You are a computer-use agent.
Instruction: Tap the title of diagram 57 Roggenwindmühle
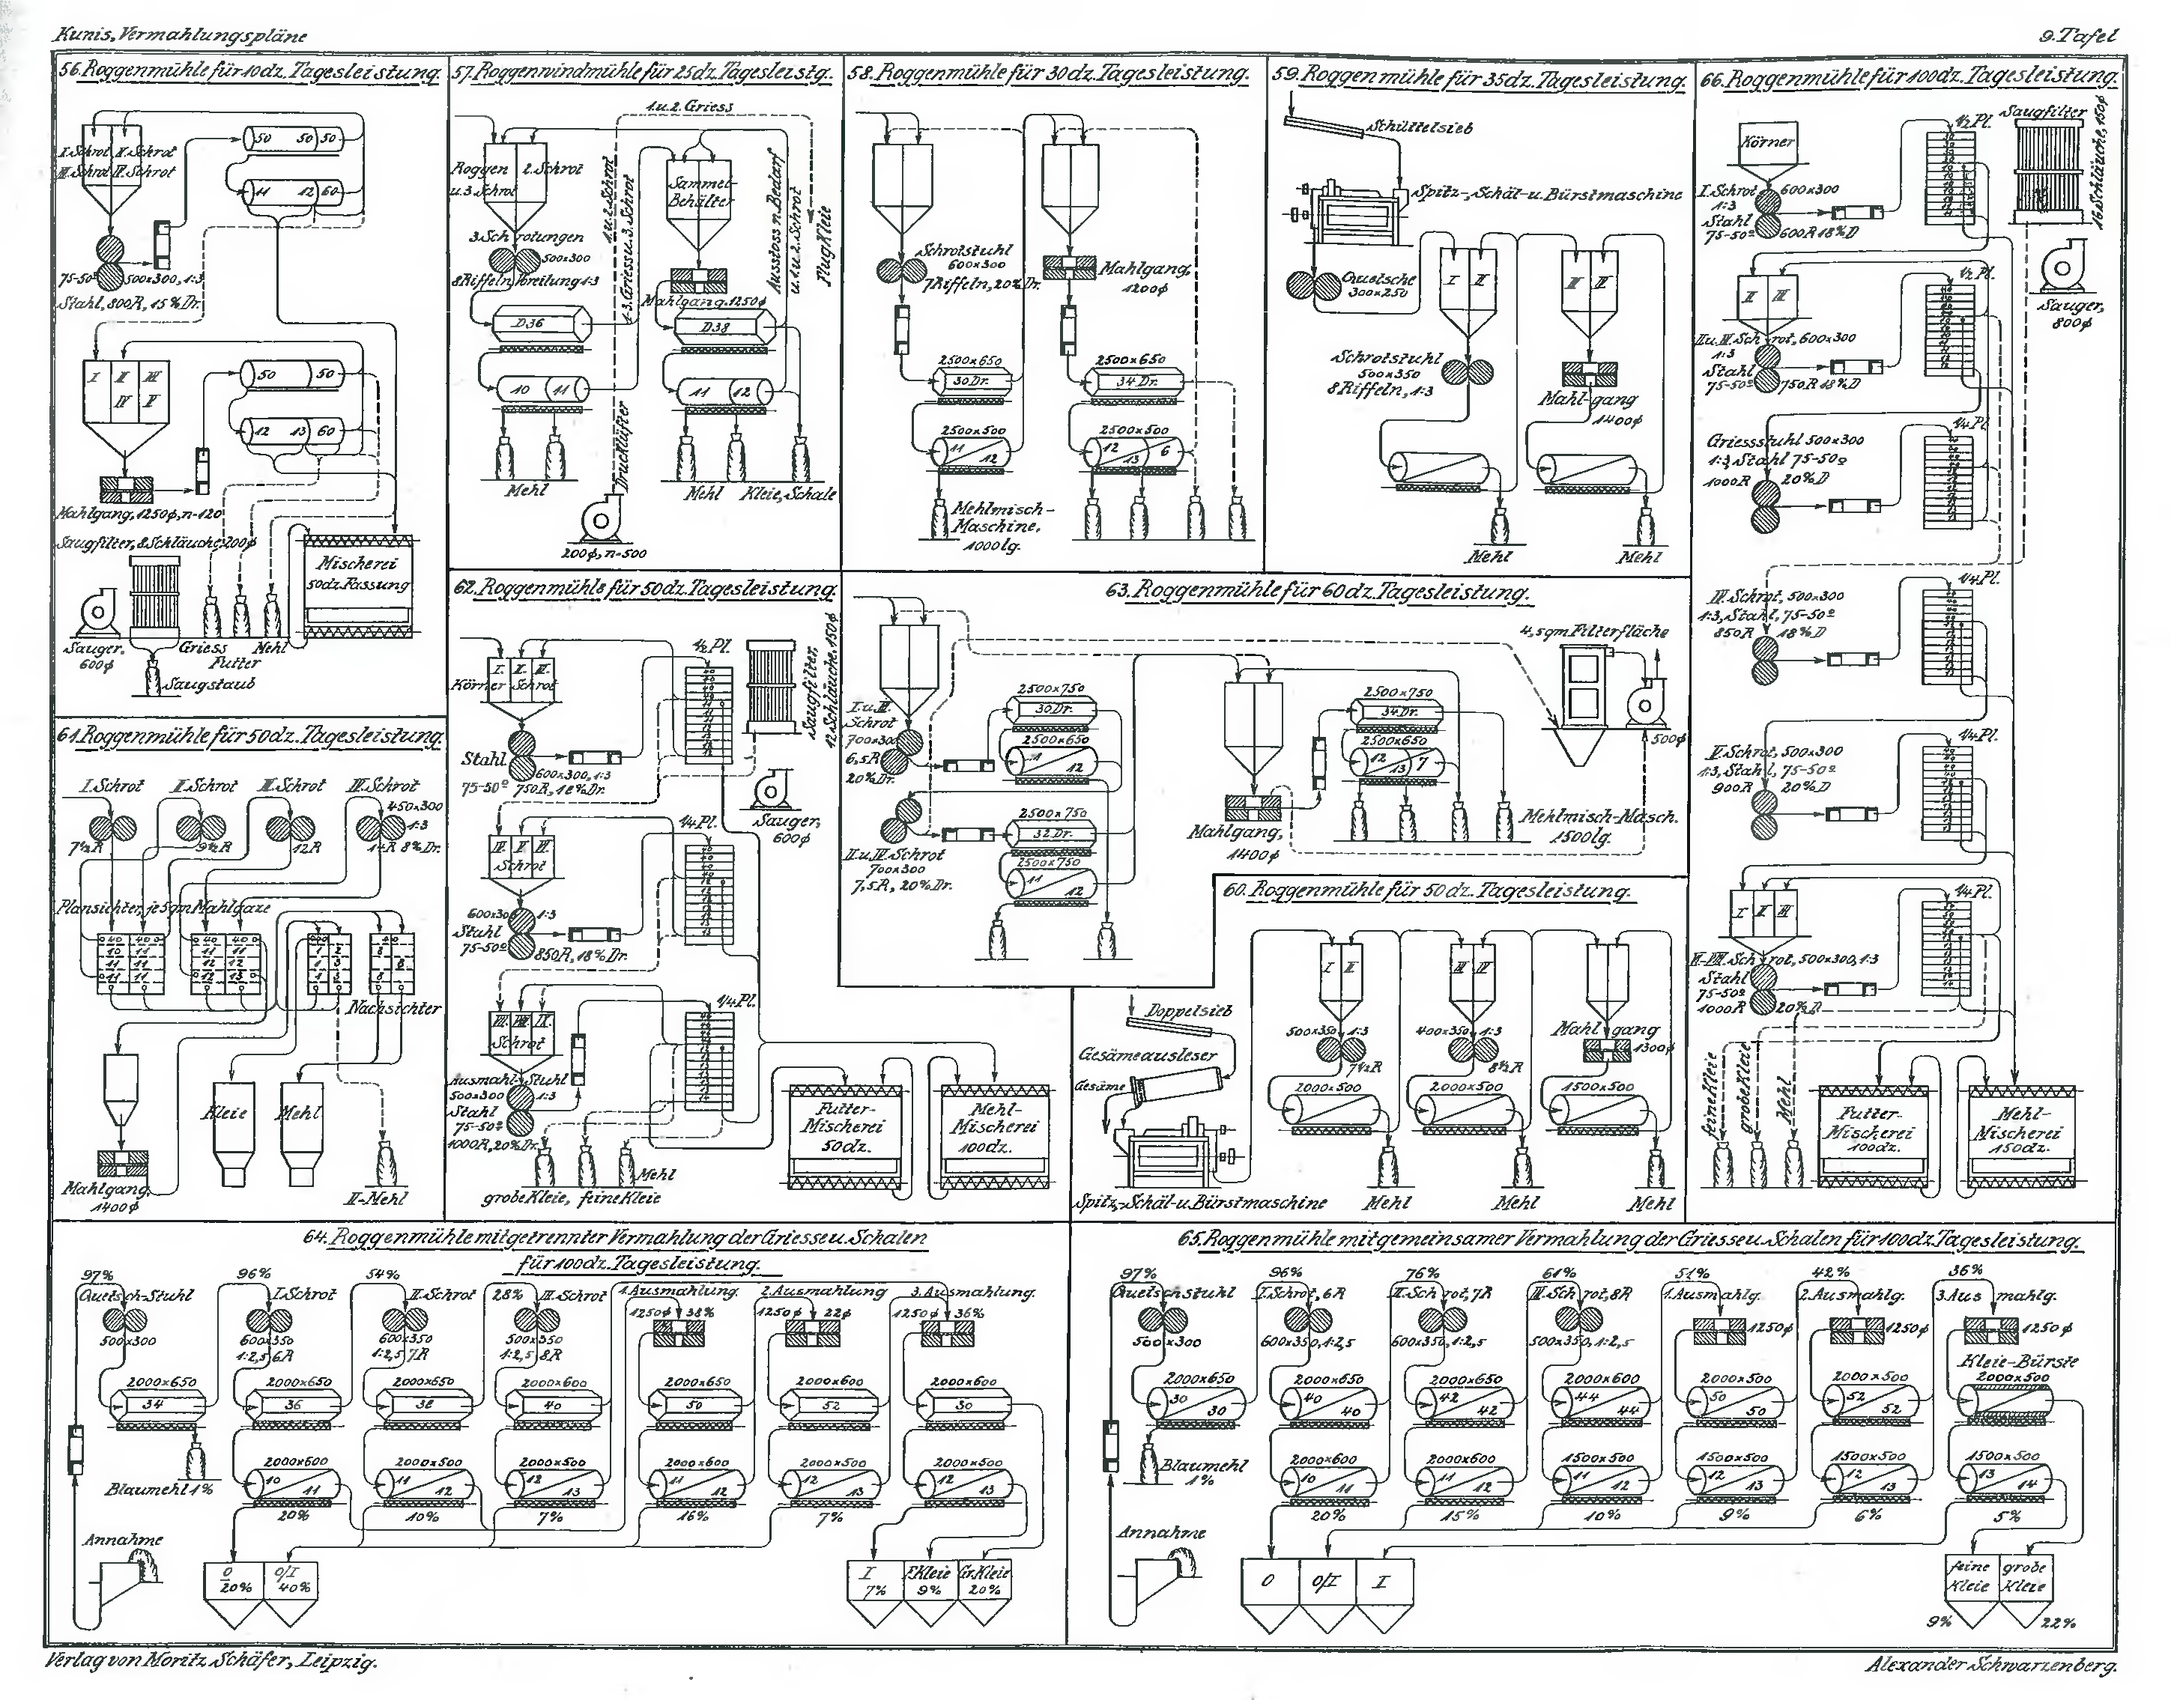(642, 73)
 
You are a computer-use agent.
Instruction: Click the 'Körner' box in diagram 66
(1768, 145)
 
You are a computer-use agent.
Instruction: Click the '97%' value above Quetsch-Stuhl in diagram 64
(96, 1277)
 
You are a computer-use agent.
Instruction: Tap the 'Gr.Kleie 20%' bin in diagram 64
(984, 1582)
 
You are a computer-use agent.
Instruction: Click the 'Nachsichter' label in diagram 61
(393, 1008)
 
